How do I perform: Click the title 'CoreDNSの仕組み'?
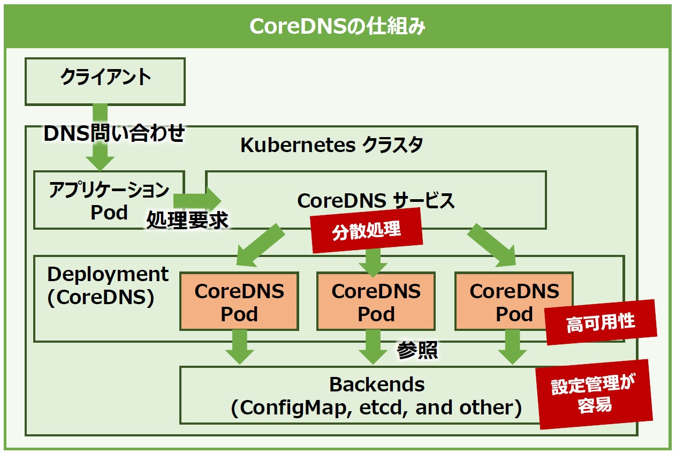click(x=337, y=27)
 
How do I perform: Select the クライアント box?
click(x=105, y=81)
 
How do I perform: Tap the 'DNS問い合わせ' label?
click(x=114, y=133)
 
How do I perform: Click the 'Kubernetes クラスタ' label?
click(x=331, y=145)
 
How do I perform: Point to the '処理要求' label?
click(x=187, y=220)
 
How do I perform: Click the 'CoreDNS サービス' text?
click(x=376, y=200)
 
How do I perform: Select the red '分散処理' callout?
click(x=367, y=230)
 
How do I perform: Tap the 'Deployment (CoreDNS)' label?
click(x=108, y=286)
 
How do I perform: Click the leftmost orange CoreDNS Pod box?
click(x=239, y=301)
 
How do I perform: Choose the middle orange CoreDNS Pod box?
click(x=376, y=301)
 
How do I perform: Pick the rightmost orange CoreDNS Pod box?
click(x=514, y=301)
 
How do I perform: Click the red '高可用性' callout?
click(x=601, y=322)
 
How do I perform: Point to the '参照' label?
click(x=417, y=350)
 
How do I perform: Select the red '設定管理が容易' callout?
click(x=594, y=394)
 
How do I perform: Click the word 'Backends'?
click(x=377, y=384)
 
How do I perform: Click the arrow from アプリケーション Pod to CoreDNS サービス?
click(x=198, y=200)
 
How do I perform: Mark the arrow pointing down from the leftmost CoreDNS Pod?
click(x=240, y=346)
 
